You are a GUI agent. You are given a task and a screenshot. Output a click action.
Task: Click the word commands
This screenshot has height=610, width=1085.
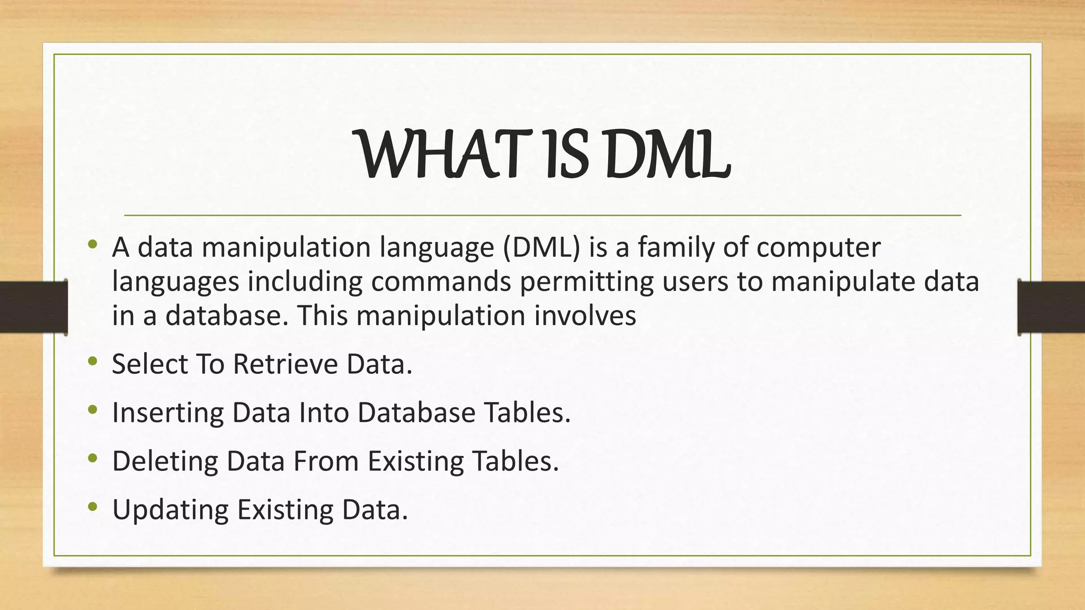point(441,282)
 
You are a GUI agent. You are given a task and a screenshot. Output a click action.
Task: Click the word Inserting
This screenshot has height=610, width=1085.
point(168,413)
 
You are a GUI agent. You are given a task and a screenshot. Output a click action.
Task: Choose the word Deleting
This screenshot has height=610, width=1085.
point(165,462)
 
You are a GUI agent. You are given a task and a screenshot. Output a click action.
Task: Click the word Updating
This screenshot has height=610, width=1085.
point(170,510)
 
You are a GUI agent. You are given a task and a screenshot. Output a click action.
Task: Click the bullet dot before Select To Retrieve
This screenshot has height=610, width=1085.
point(93,362)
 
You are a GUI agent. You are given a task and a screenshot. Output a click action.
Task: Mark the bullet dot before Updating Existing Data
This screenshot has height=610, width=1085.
point(93,507)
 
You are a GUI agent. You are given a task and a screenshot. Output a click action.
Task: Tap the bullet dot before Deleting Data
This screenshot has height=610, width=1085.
point(93,459)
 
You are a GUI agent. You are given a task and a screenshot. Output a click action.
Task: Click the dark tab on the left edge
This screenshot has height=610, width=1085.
point(33,307)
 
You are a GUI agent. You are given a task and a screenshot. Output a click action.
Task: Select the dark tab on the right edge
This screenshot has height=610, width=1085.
point(1051,307)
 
